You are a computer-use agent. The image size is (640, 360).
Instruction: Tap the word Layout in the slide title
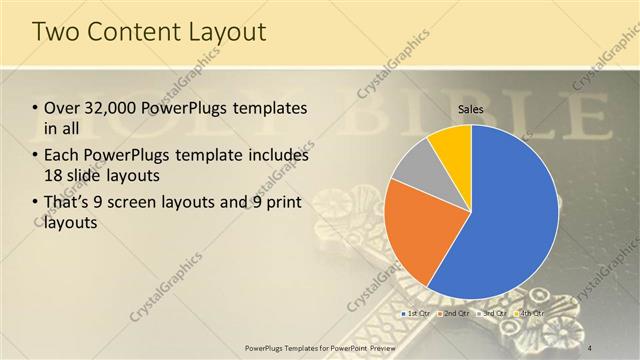coord(227,32)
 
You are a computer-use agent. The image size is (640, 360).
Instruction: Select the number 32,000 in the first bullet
coord(112,108)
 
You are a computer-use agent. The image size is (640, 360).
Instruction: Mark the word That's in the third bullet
coord(66,203)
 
